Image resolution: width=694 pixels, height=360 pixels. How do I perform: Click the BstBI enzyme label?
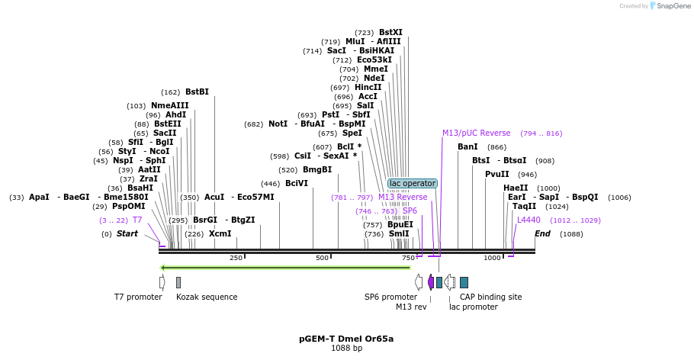coord(197,92)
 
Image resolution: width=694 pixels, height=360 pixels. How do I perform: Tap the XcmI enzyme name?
coord(220,233)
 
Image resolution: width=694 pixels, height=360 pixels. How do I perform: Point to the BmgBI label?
coord(317,170)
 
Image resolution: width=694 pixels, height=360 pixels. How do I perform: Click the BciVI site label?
coord(297,183)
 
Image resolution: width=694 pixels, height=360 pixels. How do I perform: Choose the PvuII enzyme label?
coord(497,174)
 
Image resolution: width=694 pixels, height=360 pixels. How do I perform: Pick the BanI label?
coord(467,146)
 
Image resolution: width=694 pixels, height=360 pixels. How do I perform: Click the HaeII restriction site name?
coord(516,188)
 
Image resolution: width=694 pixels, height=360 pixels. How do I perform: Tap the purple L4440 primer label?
coord(529,220)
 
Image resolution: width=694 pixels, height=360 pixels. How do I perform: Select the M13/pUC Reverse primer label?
coord(477,133)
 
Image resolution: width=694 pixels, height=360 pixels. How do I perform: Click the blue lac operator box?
coord(413,183)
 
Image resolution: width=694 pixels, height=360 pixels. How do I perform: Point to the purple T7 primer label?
coord(137,220)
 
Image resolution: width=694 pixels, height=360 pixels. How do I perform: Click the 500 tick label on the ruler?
coord(321,258)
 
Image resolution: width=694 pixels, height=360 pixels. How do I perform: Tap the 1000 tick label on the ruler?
coord(492,258)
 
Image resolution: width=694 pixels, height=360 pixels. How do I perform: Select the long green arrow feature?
coord(285,267)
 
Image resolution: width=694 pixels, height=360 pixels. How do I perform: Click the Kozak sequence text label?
coord(207,297)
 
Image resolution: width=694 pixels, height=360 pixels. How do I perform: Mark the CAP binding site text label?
coord(491,297)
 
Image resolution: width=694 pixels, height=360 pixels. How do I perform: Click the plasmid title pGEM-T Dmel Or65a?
coord(346,339)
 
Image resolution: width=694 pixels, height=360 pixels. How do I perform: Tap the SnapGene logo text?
coord(674,6)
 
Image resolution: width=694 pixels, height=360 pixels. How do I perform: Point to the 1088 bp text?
coord(346,349)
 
